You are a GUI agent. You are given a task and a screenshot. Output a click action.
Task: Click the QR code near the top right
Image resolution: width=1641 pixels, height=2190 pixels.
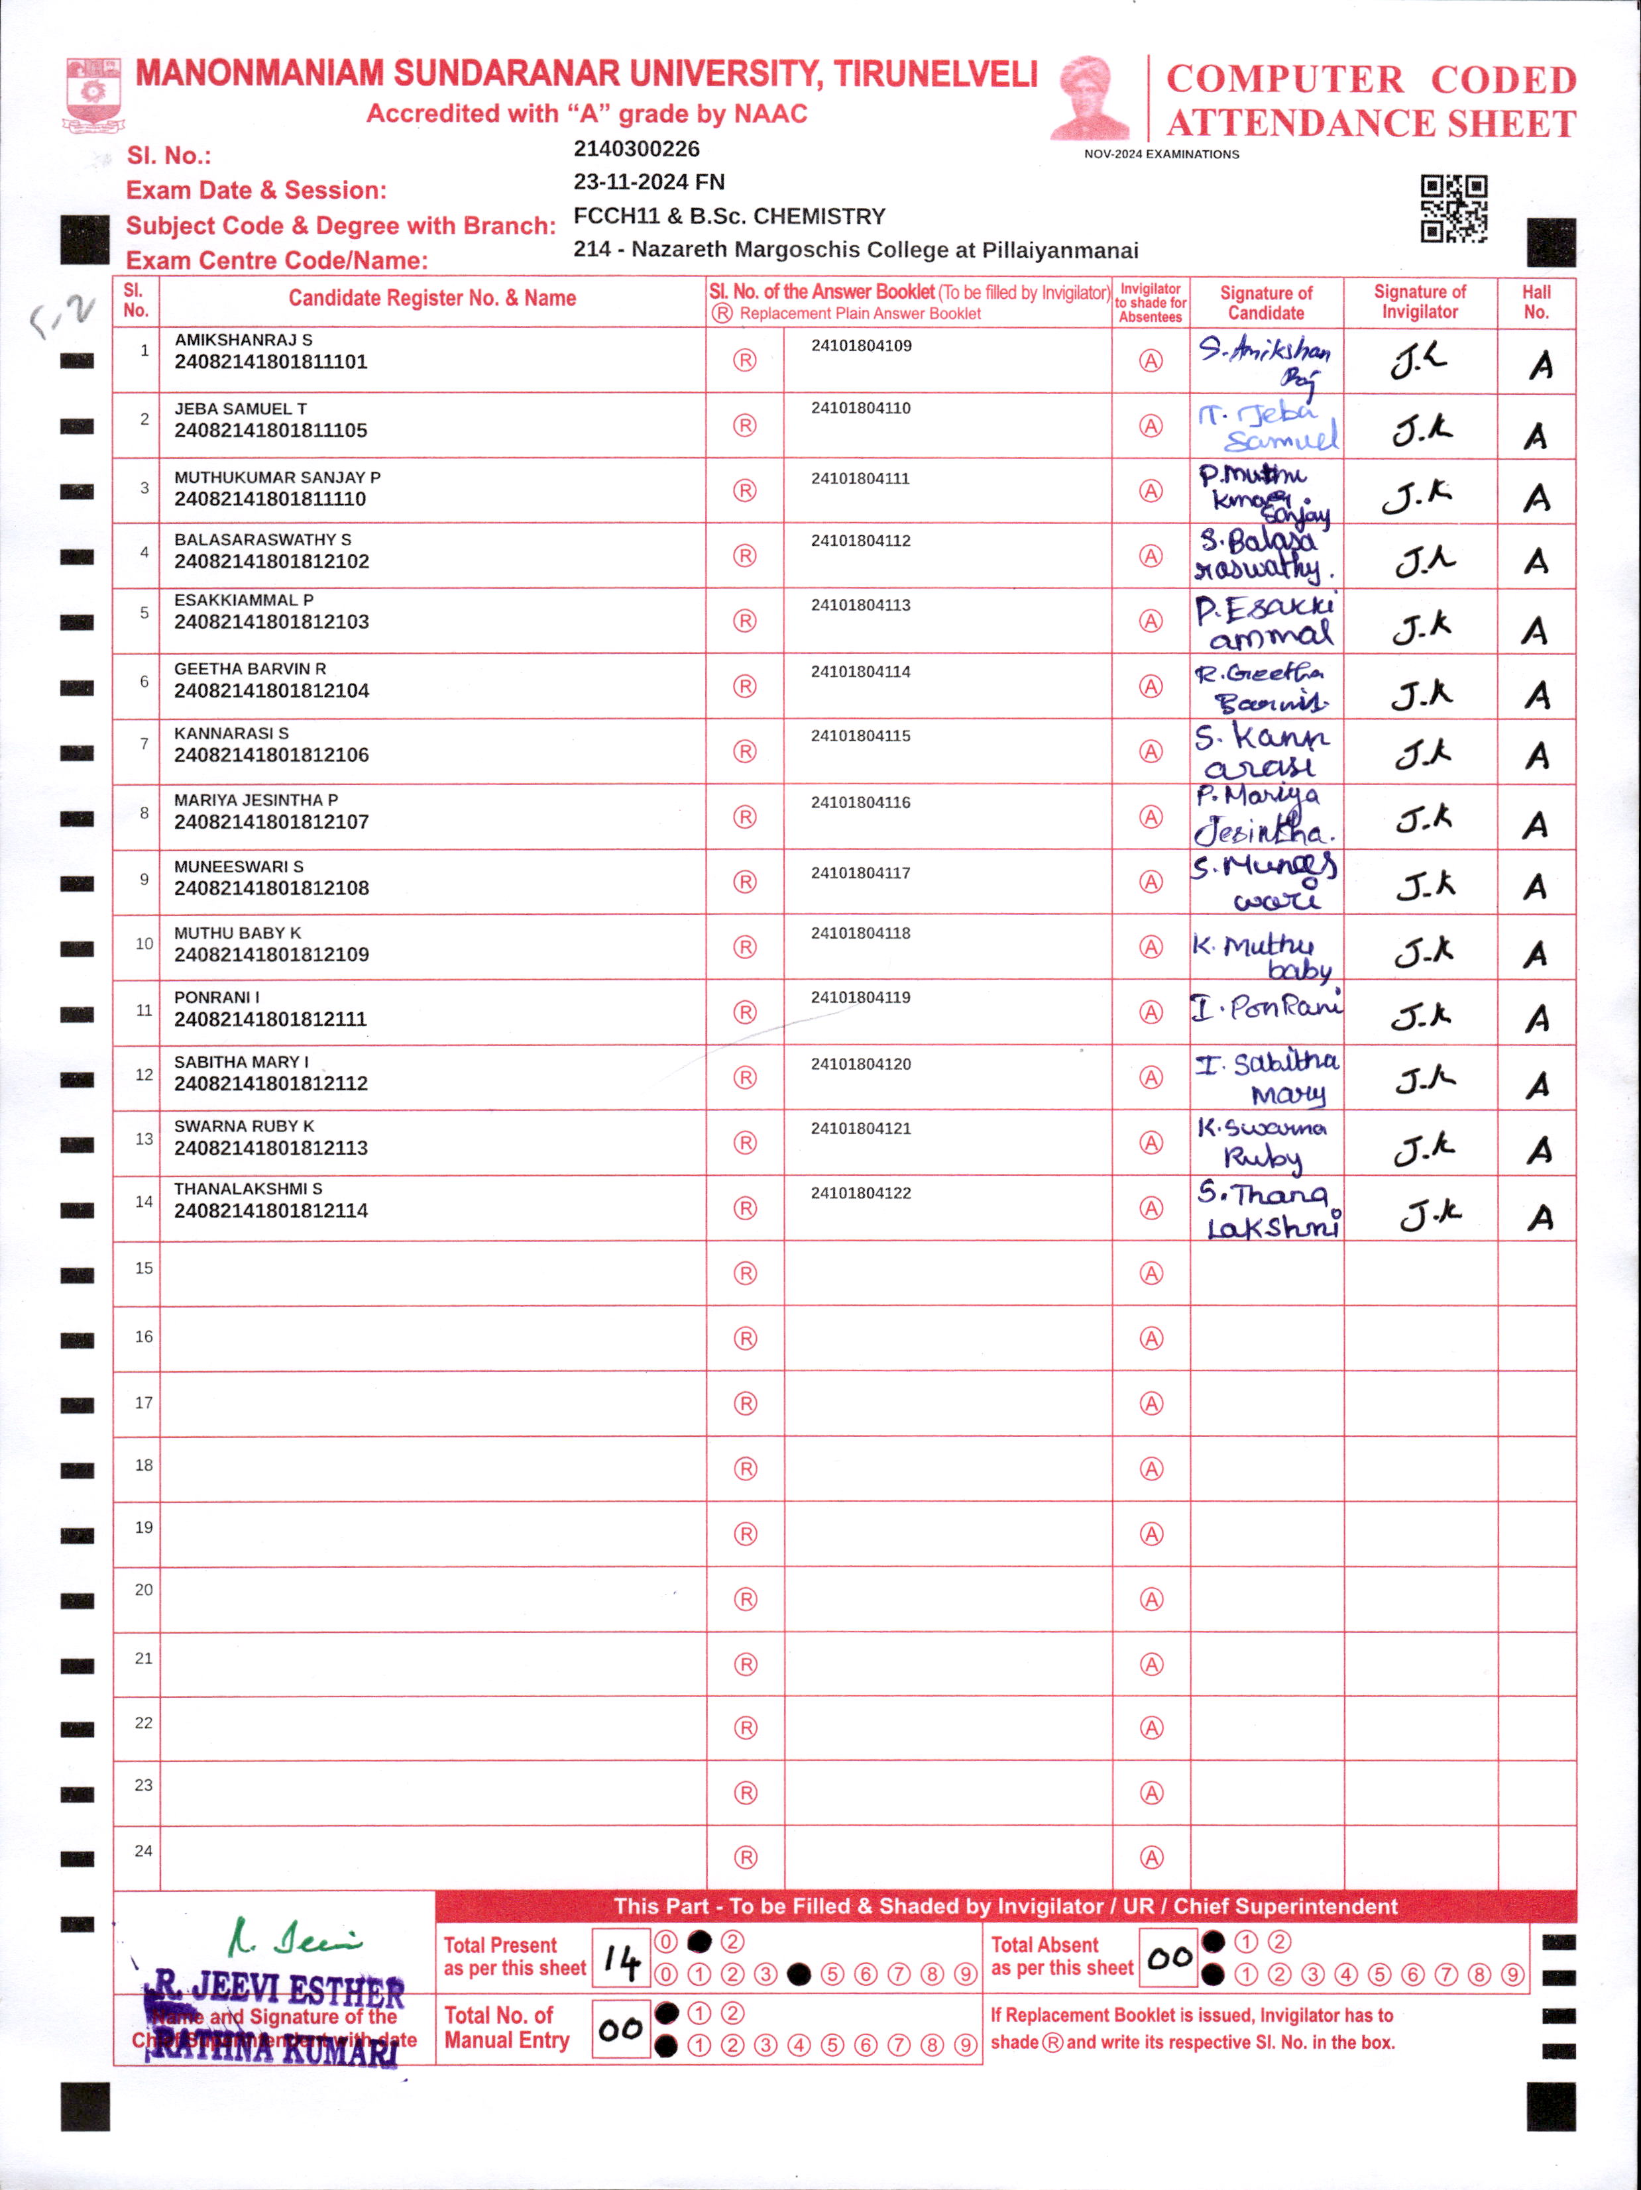[x=1453, y=209]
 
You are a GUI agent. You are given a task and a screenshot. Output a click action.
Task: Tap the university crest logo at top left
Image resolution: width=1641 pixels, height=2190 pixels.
[x=93, y=94]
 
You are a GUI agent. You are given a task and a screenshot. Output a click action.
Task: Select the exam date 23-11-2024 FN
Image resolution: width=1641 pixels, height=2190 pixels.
[x=649, y=182]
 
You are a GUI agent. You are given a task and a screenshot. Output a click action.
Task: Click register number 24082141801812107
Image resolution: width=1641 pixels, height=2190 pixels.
[x=271, y=821]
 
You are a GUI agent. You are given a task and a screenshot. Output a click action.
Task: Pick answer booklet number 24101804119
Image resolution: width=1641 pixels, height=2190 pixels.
[x=861, y=997]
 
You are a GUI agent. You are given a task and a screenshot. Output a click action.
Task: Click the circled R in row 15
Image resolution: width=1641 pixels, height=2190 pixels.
[x=745, y=1273]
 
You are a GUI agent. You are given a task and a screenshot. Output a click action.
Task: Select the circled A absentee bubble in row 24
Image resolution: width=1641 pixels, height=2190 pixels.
[x=1151, y=1858]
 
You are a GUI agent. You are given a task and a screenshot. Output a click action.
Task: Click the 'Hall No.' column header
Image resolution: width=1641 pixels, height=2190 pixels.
[x=1536, y=302]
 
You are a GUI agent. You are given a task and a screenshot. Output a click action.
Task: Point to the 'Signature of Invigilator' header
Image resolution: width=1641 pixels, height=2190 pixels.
[x=1419, y=302]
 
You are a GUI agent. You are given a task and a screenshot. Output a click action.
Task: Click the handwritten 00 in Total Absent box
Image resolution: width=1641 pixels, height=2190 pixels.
[x=1170, y=1957]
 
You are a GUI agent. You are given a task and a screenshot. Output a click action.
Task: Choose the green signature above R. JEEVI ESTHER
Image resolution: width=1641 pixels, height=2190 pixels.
[x=294, y=1940]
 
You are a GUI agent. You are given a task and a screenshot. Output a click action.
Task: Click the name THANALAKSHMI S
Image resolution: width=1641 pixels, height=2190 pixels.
[x=248, y=1188]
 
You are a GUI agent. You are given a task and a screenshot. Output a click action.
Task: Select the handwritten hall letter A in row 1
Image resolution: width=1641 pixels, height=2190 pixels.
[x=1540, y=365]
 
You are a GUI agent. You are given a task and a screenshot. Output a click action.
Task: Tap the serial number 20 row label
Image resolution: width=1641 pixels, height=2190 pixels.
[x=144, y=1589]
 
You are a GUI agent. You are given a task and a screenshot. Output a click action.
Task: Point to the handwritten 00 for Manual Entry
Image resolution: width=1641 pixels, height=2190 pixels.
[x=621, y=2030]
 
